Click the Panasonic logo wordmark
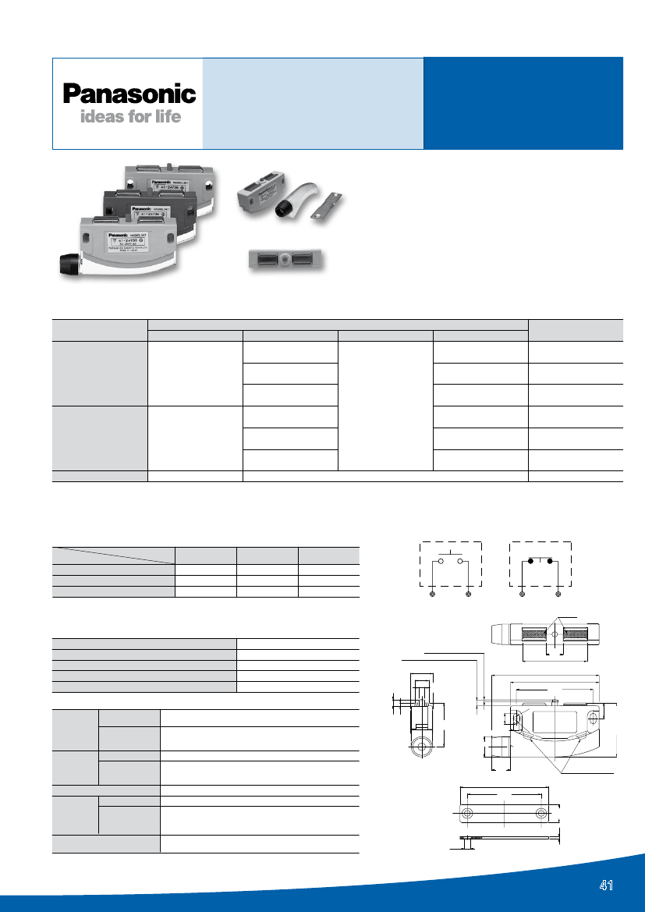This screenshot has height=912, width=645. pos(129,94)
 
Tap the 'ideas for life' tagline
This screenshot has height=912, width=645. pos(130,117)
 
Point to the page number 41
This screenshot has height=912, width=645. pos(607,885)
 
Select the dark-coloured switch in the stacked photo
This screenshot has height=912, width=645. pos(148,208)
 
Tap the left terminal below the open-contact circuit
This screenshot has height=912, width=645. pos(433,594)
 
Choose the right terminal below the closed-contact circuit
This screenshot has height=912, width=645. pos(559,594)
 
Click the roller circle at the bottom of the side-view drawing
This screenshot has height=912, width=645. pos(422,747)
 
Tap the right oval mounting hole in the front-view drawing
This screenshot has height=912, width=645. pos(594,716)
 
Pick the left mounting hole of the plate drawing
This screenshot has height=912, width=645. pos(466,814)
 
